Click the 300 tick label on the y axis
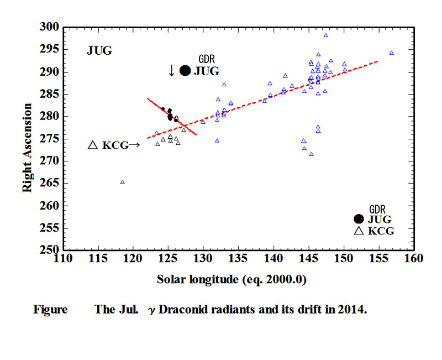pos(49,27)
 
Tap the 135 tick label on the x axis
pos(239,258)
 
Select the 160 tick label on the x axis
pos(414,258)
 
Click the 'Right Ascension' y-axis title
pos(27,148)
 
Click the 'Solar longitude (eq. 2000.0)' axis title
pos(231,280)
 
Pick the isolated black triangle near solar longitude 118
pos(123,182)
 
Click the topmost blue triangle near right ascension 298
pos(326,35)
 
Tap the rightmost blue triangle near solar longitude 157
pos(392,53)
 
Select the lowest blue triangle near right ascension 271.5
pos(312,154)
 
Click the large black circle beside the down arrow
pos(185,71)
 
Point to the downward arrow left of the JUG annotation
pos(171,71)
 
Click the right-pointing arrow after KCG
pos(134,145)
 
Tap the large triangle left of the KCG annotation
pos(93,145)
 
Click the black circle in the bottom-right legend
pos(359,218)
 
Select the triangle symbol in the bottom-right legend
pos(359,231)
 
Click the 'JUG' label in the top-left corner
pos(99,50)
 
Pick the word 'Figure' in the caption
pos(50,310)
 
